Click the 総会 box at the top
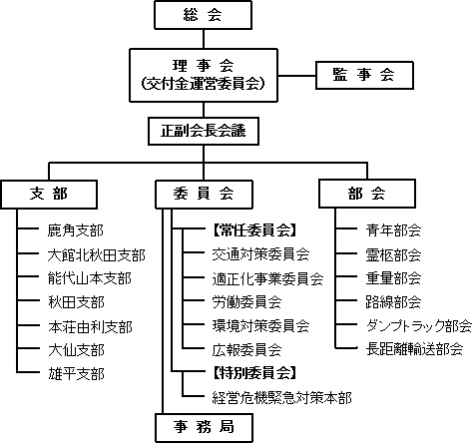tap(203, 15)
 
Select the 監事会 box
tap(364, 75)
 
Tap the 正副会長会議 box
tap(204, 131)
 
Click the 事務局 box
tap(204, 428)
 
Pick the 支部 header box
tap(49, 195)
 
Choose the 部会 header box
tap(367, 194)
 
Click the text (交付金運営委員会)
tap(203, 84)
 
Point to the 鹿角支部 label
tap(76, 230)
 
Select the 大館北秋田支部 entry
tap(97, 255)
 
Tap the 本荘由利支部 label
tap(90, 327)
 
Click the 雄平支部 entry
tap(76, 374)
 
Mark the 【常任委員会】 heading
tap(254, 230)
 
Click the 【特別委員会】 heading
tap(254, 373)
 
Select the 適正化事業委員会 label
tap(267, 278)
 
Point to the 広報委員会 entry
tap(246, 350)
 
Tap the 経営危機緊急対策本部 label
tap(282, 398)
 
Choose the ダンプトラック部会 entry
tap(419, 326)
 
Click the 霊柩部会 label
tap(393, 255)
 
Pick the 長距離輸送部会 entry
tap(414, 349)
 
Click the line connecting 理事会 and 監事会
tap(296, 76)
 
